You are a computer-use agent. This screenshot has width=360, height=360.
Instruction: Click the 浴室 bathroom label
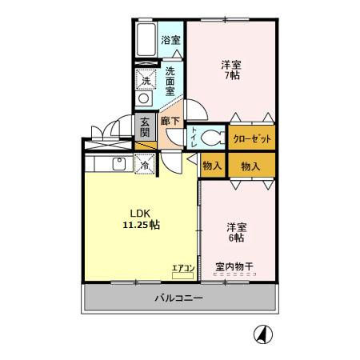tap(170, 40)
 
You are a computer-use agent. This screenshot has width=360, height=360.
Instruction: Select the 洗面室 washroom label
tap(170, 81)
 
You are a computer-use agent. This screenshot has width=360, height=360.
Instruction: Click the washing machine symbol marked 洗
tap(146, 79)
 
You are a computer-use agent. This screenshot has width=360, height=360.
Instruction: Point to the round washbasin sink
tap(145, 98)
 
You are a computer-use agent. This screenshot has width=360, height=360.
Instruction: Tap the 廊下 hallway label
tap(170, 122)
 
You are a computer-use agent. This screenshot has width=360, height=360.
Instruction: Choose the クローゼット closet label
tap(252, 138)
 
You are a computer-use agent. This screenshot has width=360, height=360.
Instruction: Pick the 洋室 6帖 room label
tap(236, 232)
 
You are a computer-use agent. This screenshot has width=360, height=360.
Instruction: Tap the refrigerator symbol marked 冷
tap(146, 164)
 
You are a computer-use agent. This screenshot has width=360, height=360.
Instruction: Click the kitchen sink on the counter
tap(118, 164)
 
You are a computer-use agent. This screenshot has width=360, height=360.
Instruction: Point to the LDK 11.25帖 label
tap(140, 219)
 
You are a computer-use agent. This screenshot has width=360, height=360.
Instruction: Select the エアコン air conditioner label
tap(183, 268)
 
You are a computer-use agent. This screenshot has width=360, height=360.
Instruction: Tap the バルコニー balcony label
tap(178, 298)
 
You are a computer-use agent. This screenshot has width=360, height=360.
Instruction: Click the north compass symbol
tap(262, 334)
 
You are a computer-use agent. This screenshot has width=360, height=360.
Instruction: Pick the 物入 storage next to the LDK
tap(213, 166)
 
